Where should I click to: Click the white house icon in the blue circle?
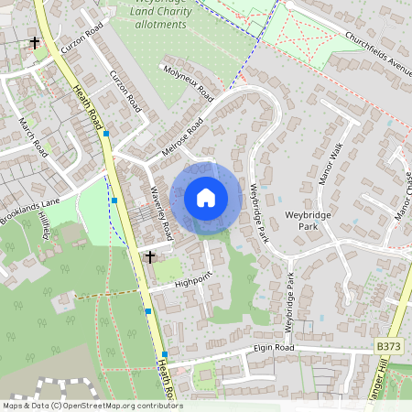tap(206, 198)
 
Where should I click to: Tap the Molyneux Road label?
tap(187, 82)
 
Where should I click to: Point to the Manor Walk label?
tap(330, 164)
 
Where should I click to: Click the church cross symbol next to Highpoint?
tap(149, 257)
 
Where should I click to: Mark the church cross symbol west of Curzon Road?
tap(35, 43)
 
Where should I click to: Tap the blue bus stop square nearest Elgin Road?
tap(166, 354)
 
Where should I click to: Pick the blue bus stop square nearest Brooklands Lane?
tap(114, 200)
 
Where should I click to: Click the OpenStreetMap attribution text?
tap(92, 406)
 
